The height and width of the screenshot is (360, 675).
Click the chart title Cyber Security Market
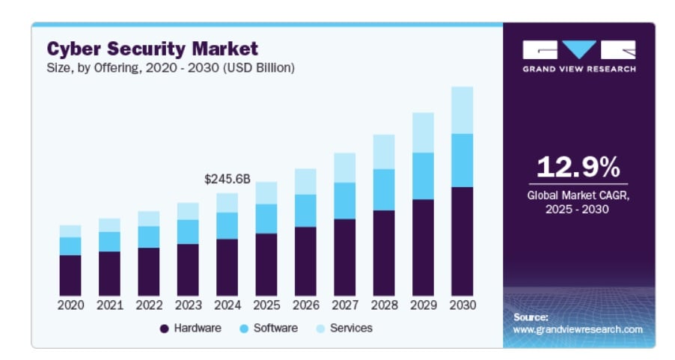(x=152, y=49)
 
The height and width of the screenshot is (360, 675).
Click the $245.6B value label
(x=227, y=180)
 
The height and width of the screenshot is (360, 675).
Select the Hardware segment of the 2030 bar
(x=462, y=241)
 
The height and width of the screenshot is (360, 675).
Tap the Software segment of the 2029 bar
(x=423, y=176)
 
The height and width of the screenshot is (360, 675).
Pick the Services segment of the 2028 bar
(x=384, y=152)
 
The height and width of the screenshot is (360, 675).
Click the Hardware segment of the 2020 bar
(x=70, y=275)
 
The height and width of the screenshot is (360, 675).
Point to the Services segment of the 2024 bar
(x=227, y=203)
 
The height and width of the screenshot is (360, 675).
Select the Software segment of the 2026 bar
(x=305, y=210)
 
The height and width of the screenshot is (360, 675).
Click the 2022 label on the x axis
(x=148, y=305)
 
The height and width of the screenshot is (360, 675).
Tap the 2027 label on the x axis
(x=344, y=305)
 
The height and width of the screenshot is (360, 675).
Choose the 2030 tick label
(x=462, y=305)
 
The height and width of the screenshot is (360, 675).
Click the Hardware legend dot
(x=164, y=329)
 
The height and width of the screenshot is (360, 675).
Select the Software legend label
(x=275, y=328)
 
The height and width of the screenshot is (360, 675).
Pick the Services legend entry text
(x=351, y=328)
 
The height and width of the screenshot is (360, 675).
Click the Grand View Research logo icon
(x=579, y=50)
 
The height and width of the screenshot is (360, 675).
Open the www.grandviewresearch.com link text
(x=578, y=329)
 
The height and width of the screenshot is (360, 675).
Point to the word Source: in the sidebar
(x=531, y=317)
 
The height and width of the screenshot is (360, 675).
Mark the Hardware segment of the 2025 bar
(x=266, y=264)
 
